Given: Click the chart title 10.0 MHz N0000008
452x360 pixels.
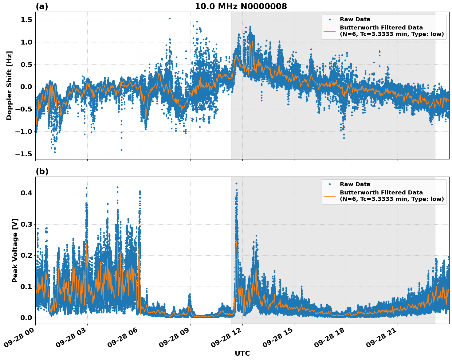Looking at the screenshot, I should (241, 6).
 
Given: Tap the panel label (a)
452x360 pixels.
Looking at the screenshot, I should (42, 6).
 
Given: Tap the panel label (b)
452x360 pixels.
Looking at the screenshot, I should (42, 171).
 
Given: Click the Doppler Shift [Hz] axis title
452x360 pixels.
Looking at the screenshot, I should (9, 85).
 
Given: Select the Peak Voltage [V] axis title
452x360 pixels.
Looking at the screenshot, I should (15, 250).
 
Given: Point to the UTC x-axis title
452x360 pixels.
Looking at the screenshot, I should (242, 353).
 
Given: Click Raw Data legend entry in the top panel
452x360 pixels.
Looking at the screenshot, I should (355, 19).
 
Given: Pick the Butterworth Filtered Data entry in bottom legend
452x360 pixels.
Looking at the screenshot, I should (381, 196).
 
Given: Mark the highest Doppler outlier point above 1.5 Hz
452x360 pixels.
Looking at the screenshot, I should (170, 18).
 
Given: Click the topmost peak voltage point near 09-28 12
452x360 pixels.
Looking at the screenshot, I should (236, 183).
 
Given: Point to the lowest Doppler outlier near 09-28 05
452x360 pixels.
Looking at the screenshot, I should (121, 150).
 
